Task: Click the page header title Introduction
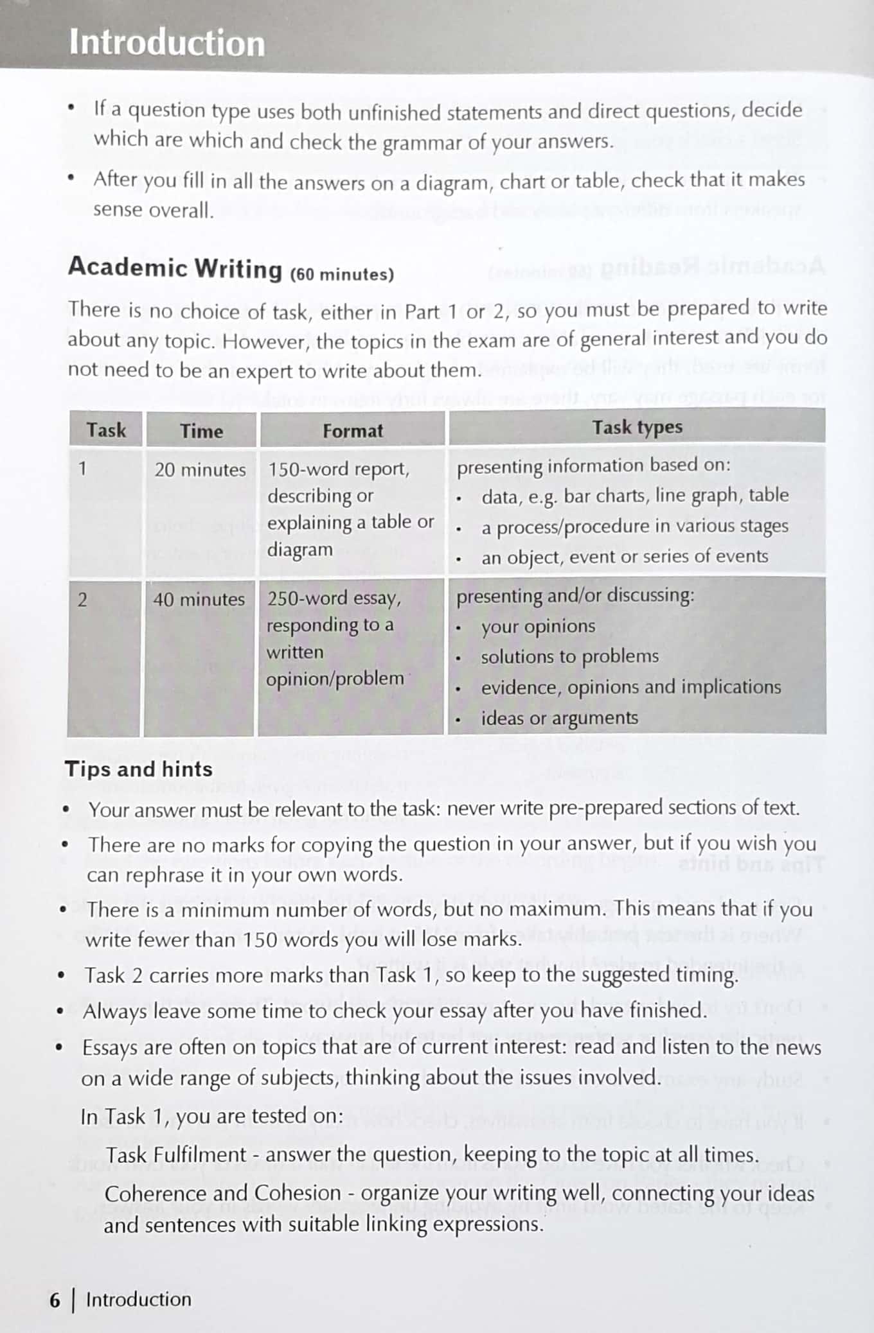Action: click(166, 43)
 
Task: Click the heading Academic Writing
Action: click(175, 268)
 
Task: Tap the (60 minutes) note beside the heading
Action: click(342, 274)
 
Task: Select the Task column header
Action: click(106, 430)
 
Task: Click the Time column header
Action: click(201, 431)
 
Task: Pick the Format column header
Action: click(352, 431)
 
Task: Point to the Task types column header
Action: click(637, 427)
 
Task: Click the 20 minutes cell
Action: click(200, 470)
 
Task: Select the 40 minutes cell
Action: click(199, 600)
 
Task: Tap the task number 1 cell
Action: click(82, 469)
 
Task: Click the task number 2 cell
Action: click(82, 600)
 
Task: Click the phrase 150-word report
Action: click(338, 469)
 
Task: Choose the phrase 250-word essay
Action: click(334, 598)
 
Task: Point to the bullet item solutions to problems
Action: click(569, 656)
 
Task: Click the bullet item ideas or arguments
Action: click(559, 718)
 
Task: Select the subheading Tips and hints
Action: click(138, 769)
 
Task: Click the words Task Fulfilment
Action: click(176, 1154)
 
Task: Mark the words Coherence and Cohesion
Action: click(222, 1193)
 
